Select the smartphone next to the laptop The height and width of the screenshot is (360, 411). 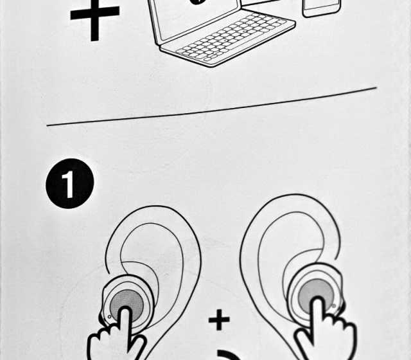coord(322,7)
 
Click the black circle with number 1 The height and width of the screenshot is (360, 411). coord(70,183)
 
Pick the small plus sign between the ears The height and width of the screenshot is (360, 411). coord(219,319)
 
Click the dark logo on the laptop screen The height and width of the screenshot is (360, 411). coord(195,1)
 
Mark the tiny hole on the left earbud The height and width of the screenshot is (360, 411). coord(109,317)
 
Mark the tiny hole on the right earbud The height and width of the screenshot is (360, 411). coord(334,306)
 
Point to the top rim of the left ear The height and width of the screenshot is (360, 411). coord(155,206)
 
